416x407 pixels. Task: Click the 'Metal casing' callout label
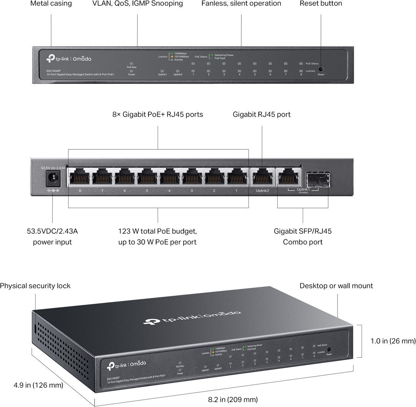point(51,4)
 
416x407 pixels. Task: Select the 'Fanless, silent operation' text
point(241,4)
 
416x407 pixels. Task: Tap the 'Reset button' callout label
point(321,4)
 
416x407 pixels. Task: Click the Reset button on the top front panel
point(321,69)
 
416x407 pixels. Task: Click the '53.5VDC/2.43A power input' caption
point(52,237)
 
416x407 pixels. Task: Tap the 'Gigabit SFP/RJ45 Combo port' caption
point(303,237)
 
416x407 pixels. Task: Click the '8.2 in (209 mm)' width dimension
point(232,399)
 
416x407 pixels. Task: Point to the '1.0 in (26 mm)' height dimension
point(393,341)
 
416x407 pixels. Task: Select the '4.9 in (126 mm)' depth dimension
point(38,385)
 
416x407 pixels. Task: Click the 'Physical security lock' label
point(35,286)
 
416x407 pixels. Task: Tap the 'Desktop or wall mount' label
point(336,286)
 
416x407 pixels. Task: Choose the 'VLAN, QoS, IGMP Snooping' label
point(137,4)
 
